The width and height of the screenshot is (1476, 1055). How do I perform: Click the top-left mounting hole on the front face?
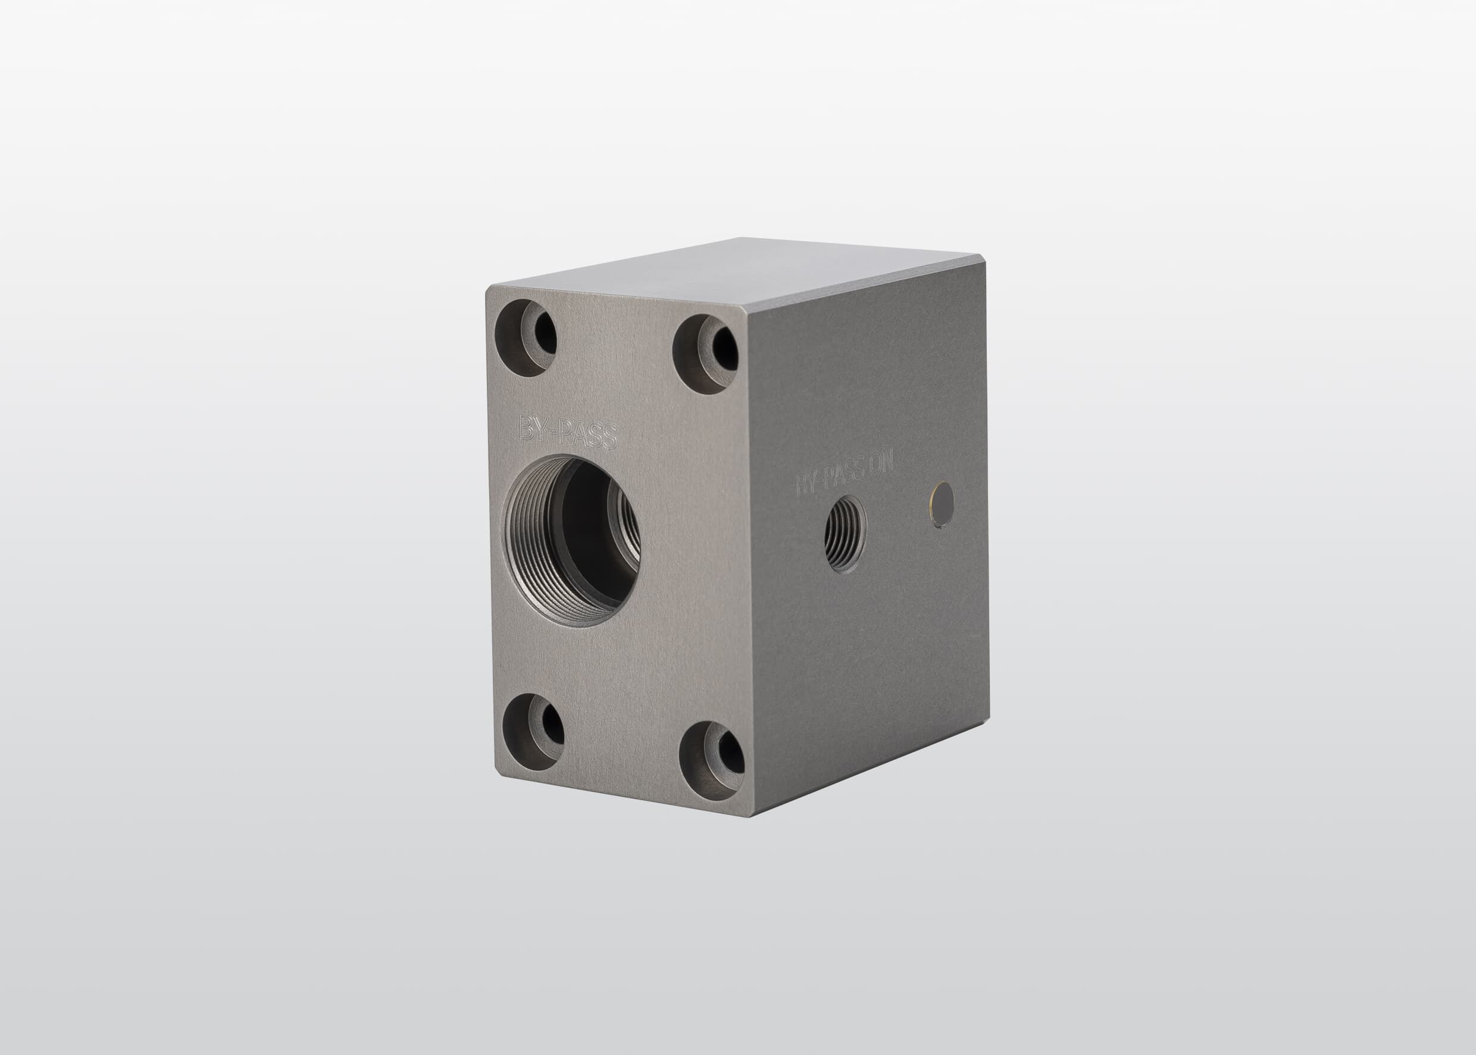[x=526, y=338]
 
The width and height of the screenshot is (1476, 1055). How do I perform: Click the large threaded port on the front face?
[x=572, y=540]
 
